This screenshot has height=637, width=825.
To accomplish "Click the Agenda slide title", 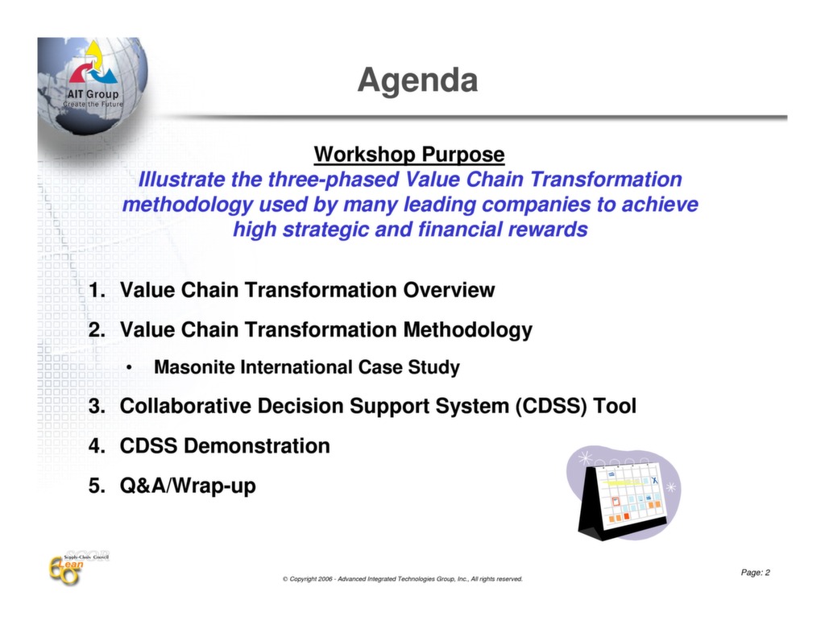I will [x=417, y=81].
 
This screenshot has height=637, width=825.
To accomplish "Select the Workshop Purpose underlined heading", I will [x=409, y=154].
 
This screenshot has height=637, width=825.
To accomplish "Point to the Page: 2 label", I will [x=755, y=573].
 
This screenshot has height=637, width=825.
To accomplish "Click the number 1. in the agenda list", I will [x=97, y=291].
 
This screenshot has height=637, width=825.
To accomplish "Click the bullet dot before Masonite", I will [x=129, y=368].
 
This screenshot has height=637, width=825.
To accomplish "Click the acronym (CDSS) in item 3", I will [x=551, y=407].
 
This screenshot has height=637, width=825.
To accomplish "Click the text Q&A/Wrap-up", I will [x=188, y=486].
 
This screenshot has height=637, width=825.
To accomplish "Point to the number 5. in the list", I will [x=97, y=486].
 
